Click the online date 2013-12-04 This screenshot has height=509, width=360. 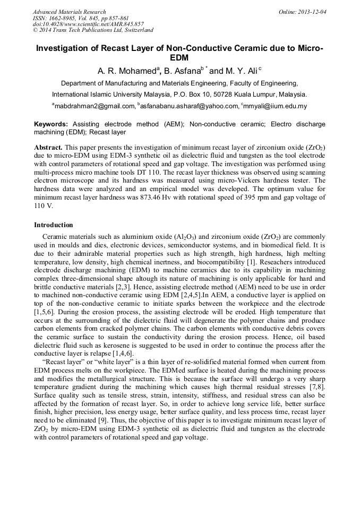coord(314,12)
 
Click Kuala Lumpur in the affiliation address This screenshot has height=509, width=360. coord(256,94)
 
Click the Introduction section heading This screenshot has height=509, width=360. coord(53,225)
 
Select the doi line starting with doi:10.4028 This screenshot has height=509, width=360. coord(88,24)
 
